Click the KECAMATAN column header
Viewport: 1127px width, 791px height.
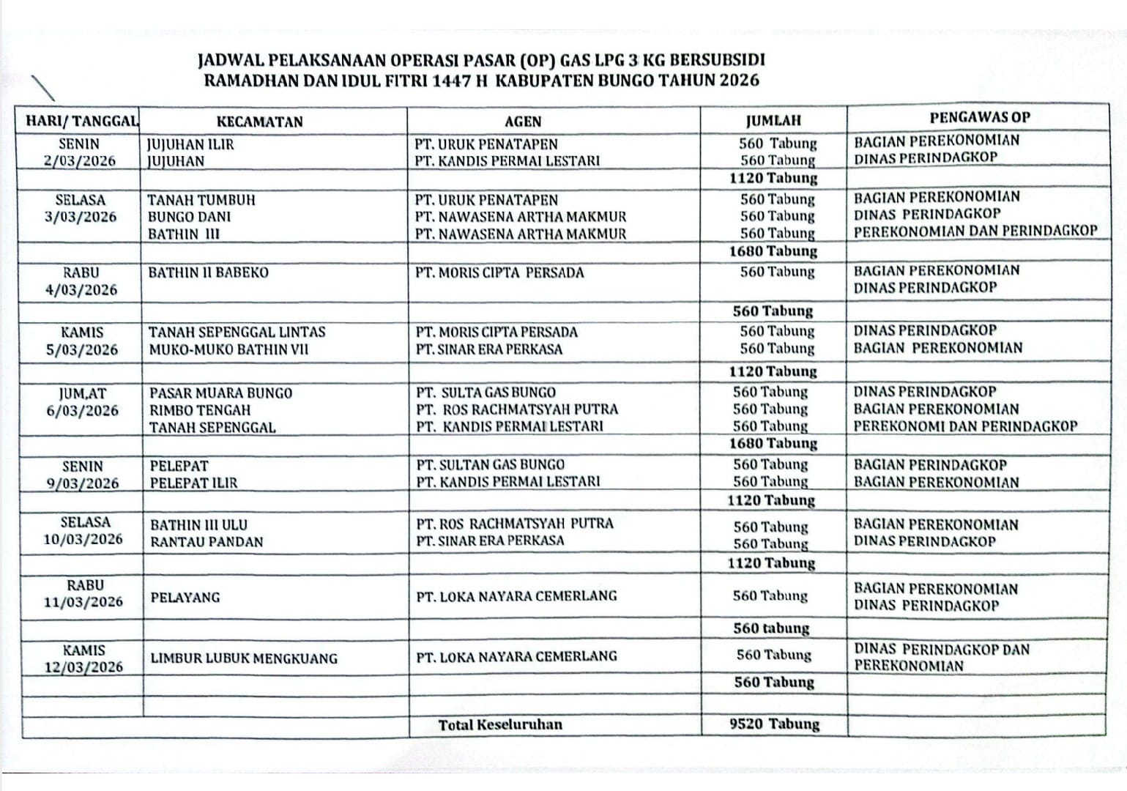259,122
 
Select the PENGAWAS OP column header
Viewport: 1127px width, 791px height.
980,117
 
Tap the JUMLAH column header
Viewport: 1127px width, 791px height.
773,121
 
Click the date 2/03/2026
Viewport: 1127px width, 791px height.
80,161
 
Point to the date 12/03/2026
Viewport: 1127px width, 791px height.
83,667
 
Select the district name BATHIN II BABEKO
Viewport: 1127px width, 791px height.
209,272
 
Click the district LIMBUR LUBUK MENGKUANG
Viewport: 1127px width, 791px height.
244,658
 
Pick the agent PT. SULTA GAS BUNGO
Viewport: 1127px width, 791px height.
486,393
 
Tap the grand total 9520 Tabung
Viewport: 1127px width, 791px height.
774,724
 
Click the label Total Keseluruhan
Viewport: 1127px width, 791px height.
500,725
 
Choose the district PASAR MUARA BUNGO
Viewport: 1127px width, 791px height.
220,393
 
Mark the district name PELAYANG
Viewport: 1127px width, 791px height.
185,598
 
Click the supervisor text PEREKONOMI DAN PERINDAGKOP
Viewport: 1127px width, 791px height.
965,426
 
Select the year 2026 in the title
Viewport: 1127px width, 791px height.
739,81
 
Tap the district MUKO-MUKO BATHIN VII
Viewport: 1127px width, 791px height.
228,349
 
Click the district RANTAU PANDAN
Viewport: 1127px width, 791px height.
207,543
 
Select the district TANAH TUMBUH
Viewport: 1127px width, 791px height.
201,200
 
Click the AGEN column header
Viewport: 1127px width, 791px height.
523,122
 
